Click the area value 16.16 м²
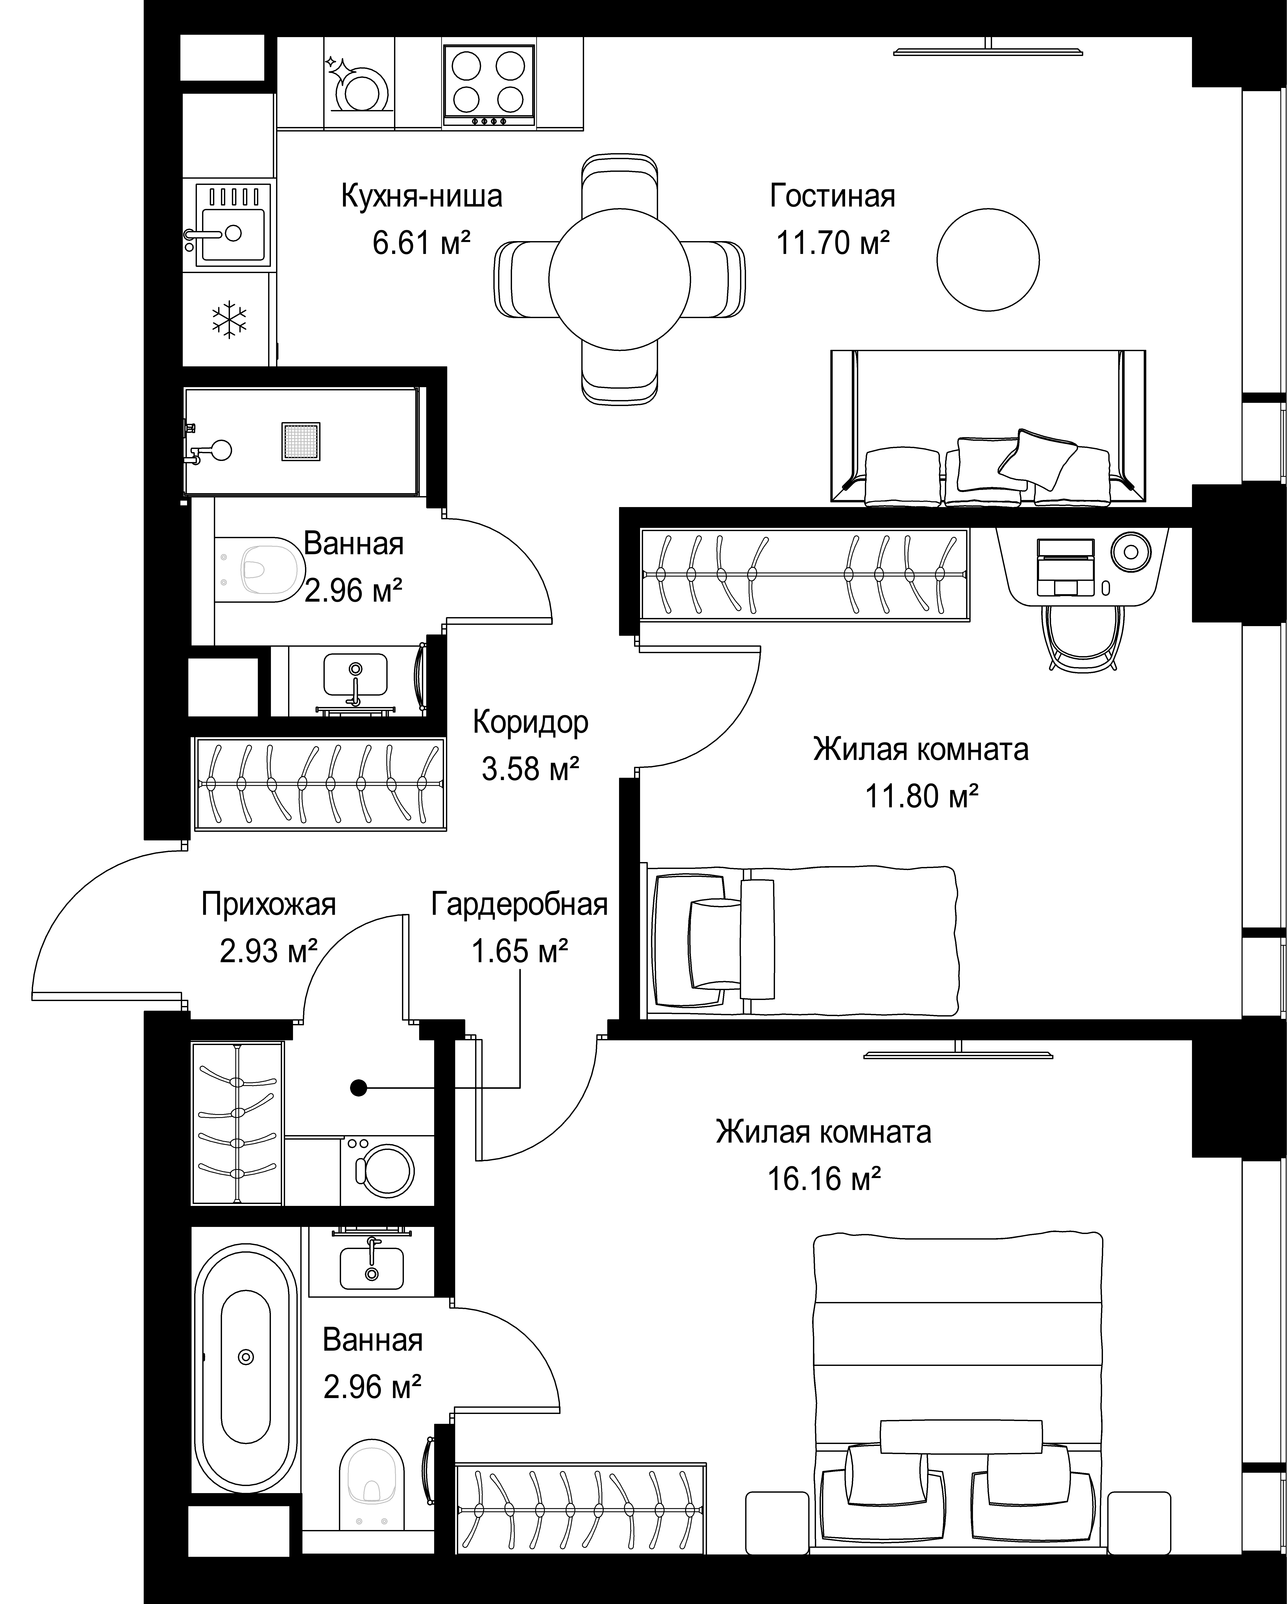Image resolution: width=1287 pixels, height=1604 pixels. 823,1179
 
